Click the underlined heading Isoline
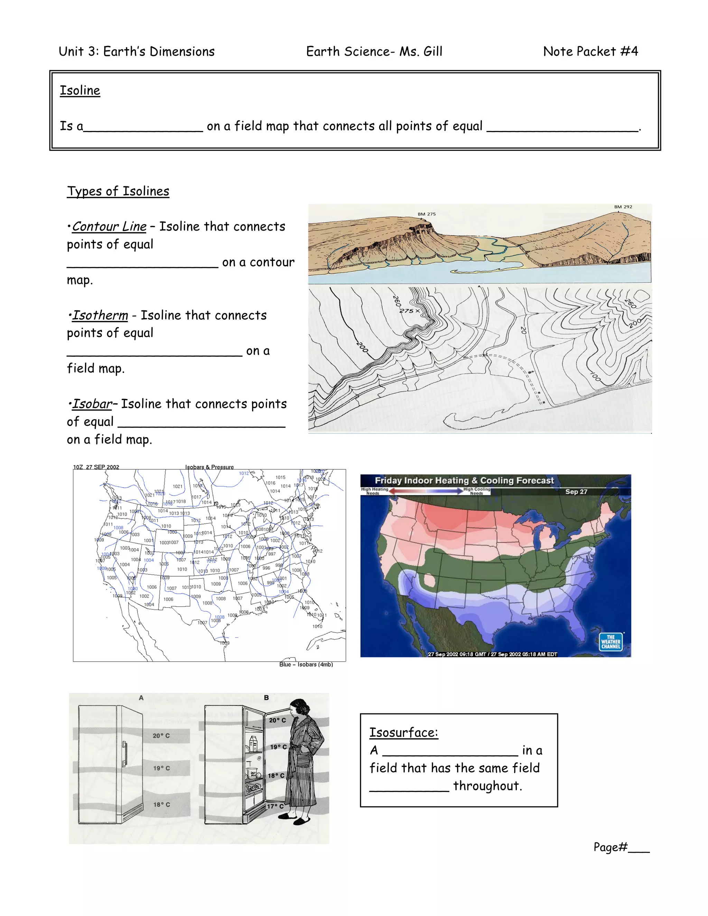80,91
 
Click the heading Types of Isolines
118,191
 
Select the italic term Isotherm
100,315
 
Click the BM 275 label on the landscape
426,214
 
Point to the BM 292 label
623,207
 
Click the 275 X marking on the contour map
409,311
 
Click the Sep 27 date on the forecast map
576,492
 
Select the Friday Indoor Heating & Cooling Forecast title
464,481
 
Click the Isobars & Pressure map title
209,467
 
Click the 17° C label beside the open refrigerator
276,806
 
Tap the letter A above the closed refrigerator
141,698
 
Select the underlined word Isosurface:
403,732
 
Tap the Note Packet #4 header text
590,52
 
